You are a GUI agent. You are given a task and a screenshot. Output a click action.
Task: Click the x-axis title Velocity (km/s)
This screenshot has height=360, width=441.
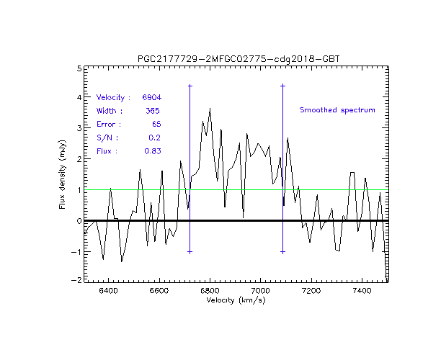[x=236, y=300]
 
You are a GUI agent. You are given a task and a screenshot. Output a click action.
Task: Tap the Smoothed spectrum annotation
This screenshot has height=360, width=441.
[x=338, y=110]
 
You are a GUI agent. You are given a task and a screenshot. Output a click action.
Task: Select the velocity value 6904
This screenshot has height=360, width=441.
[x=151, y=96]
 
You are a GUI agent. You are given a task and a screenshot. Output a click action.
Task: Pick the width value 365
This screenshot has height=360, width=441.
[x=152, y=110]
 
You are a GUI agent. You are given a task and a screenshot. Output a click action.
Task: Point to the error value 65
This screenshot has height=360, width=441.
[x=156, y=124]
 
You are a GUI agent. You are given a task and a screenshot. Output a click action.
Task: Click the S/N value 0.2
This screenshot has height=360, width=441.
[x=154, y=138]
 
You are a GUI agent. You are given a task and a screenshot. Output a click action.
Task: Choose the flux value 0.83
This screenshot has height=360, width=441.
[x=151, y=151]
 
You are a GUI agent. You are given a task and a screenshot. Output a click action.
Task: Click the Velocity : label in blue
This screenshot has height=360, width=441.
[x=113, y=96]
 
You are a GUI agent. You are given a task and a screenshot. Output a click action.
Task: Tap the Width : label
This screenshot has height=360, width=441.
[x=110, y=110]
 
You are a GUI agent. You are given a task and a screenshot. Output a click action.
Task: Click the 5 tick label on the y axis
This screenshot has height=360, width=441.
[x=78, y=68]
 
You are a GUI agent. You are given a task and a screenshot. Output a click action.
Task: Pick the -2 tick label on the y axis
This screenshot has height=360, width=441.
[x=76, y=282]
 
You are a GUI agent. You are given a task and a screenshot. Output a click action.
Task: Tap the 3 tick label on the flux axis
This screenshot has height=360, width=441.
[x=78, y=129]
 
